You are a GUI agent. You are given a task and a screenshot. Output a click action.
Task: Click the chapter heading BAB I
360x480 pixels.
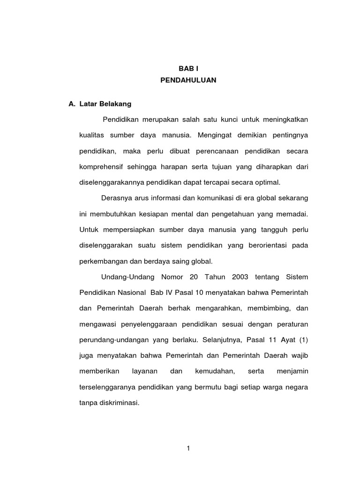(188, 68)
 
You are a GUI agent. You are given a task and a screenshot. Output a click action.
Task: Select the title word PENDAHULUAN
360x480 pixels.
(188, 80)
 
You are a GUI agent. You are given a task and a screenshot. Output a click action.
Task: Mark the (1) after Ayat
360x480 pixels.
(303, 340)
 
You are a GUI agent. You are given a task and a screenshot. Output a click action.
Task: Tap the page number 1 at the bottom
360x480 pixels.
(188, 449)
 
